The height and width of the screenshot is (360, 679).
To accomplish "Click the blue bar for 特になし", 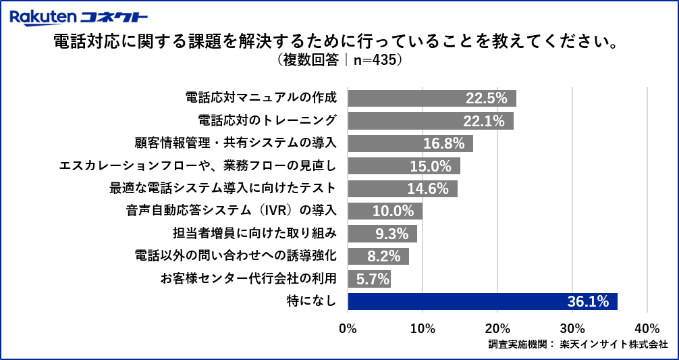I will pyautogui.click(x=483, y=301).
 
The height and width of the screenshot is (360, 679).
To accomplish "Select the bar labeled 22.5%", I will pyautogui.click(x=432, y=98).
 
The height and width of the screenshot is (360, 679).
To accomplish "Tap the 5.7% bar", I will pyautogui.click(x=369, y=279).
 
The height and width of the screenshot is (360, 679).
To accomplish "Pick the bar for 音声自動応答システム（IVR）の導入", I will pyautogui.click(x=385, y=211).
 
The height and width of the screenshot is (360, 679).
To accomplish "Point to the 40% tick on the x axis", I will pyautogui.click(x=647, y=328).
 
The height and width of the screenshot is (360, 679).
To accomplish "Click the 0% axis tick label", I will pyautogui.click(x=348, y=328).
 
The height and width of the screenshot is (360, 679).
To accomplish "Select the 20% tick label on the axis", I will pyautogui.click(x=497, y=328).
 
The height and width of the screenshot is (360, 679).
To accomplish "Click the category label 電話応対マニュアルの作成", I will pyautogui.click(x=261, y=98).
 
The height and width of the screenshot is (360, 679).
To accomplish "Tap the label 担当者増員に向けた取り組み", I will pyautogui.click(x=254, y=234).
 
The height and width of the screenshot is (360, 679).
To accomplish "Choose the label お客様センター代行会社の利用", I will pyautogui.click(x=248, y=279).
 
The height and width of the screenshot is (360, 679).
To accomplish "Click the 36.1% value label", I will pyautogui.click(x=589, y=301).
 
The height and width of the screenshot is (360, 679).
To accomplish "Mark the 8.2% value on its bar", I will pyautogui.click(x=387, y=256).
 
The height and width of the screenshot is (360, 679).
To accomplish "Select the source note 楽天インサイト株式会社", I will pyautogui.click(x=614, y=344).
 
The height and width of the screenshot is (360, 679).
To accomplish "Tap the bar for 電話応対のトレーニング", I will pyautogui.click(x=431, y=121).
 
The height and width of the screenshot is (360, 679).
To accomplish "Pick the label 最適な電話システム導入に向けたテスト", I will pyautogui.click(x=223, y=188).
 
